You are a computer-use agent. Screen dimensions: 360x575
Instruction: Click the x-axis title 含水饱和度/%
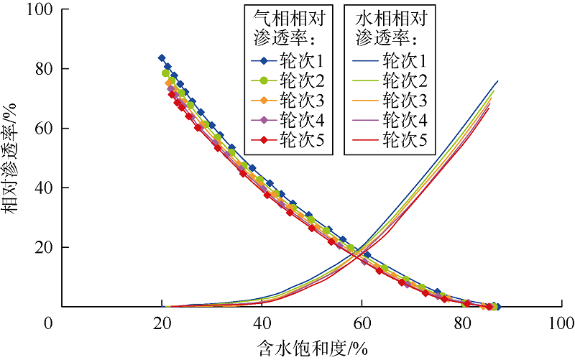click(x=313, y=347)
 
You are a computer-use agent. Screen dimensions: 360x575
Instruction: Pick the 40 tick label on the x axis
click(x=262, y=324)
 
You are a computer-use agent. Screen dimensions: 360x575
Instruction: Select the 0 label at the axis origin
click(x=48, y=324)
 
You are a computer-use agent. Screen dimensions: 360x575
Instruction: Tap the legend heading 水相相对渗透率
click(x=388, y=27)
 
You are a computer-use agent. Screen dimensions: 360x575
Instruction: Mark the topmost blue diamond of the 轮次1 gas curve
click(x=162, y=58)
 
